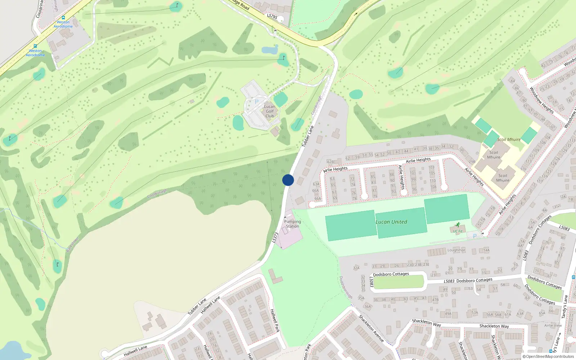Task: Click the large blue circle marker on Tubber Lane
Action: click(x=288, y=180)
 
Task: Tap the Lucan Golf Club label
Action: click(x=270, y=111)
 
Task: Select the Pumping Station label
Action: click(x=292, y=224)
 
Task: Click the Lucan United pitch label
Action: click(x=391, y=222)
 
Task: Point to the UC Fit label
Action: click(x=458, y=231)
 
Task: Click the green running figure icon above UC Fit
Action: click(x=458, y=225)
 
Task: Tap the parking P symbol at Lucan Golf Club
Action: click(x=257, y=102)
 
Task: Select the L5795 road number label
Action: click(x=272, y=16)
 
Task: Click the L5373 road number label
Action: click(x=275, y=238)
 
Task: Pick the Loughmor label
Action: click(x=456, y=250)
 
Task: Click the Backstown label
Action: click(x=72, y=245)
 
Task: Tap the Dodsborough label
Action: click(x=346, y=287)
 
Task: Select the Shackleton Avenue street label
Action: click(x=371, y=328)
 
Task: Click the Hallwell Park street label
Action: click(x=275, y=320)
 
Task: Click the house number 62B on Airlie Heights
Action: click(x=330, y=162)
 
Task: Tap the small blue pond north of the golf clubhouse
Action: click(x=270, y=50)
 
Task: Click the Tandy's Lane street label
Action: click(x=565, y=306)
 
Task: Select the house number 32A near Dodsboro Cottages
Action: click(x=356, y=268)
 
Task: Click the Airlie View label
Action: click(x=553, y=325)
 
